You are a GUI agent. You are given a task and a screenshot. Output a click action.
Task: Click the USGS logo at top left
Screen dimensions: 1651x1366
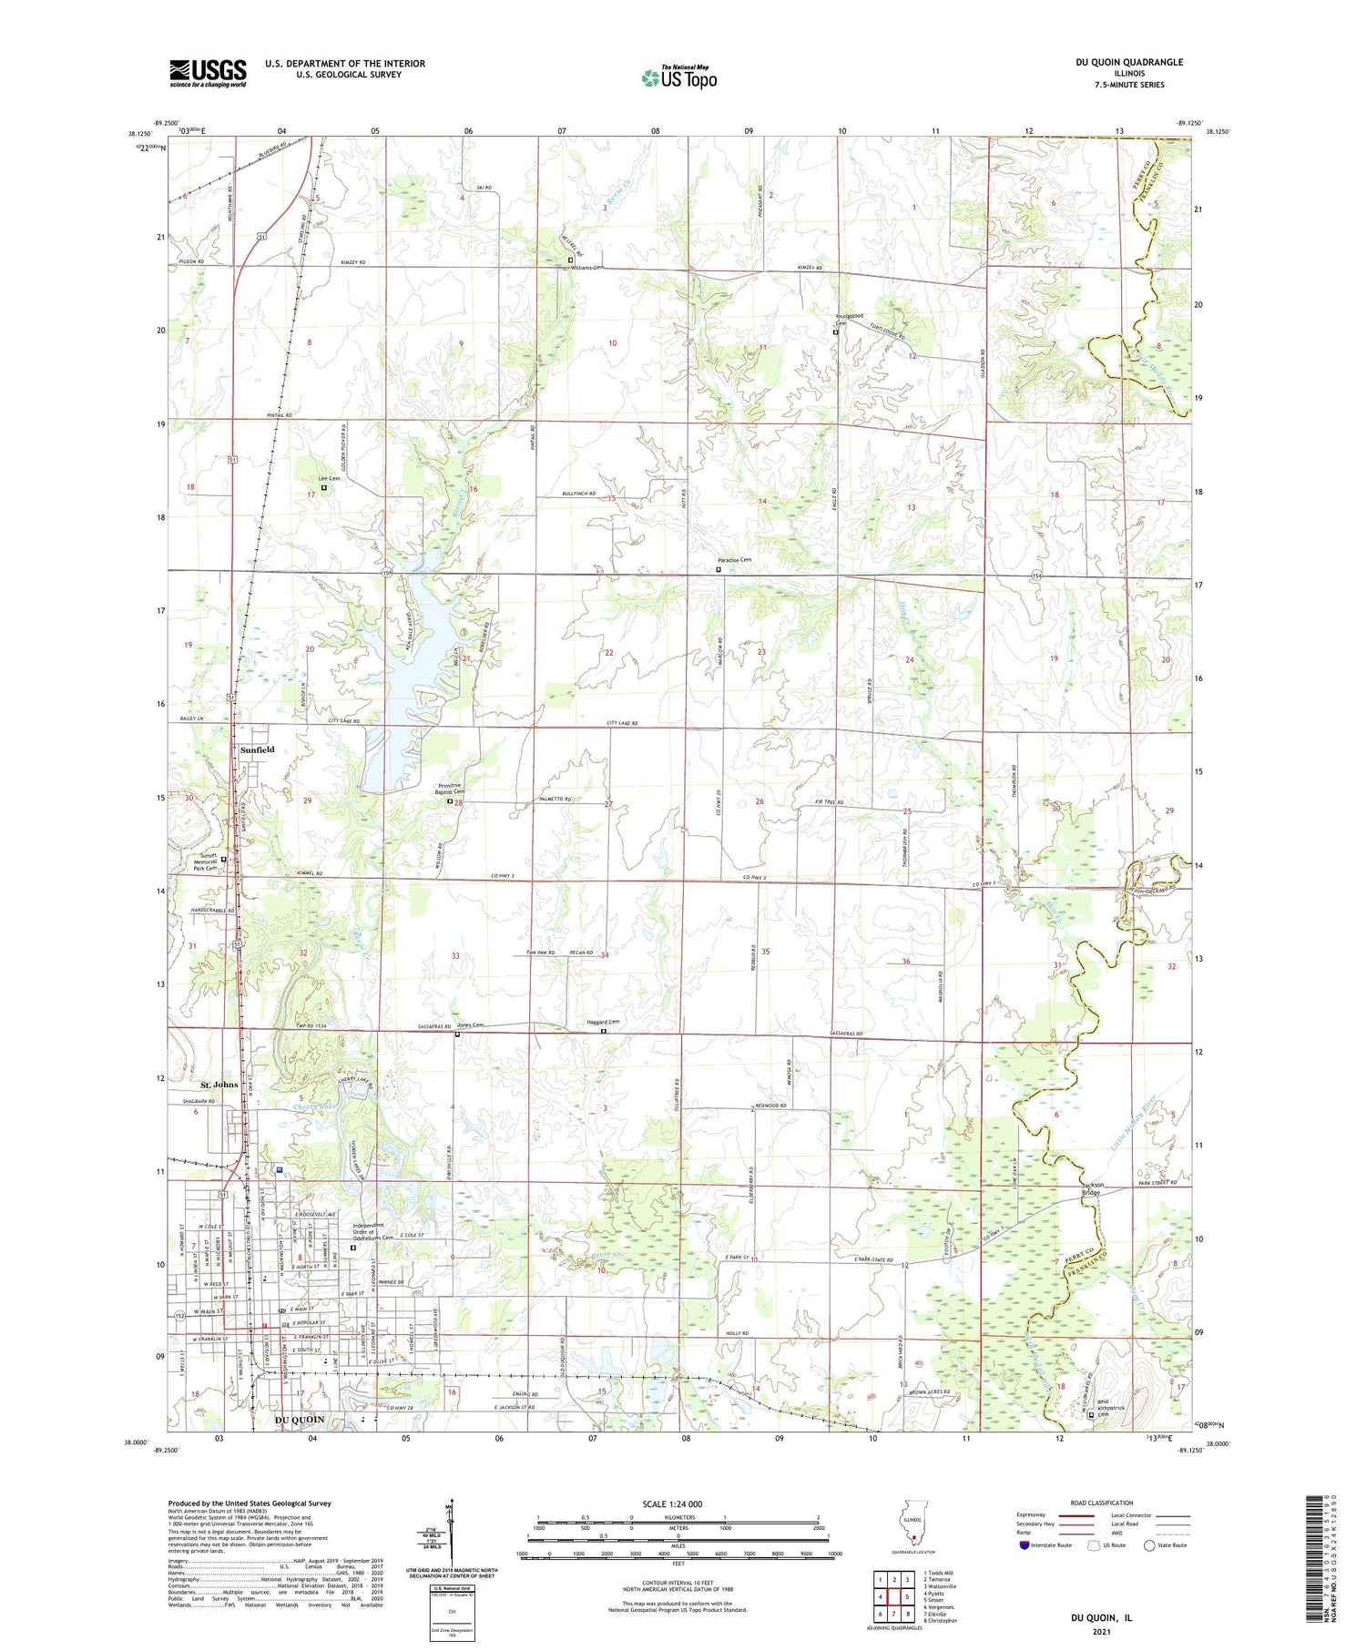[208, 73]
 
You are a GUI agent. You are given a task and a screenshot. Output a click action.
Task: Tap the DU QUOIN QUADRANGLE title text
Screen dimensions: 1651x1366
[1128, 62]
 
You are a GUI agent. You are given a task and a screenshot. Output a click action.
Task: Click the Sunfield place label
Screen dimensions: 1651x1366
[258, 749]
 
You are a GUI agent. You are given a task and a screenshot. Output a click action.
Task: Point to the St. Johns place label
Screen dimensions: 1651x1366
[219, 1085]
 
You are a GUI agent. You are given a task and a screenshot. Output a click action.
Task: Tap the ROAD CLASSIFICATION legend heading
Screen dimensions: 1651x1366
[1102, 1503]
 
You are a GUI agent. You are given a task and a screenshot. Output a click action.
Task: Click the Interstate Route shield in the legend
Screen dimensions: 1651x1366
[1024, 1545]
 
